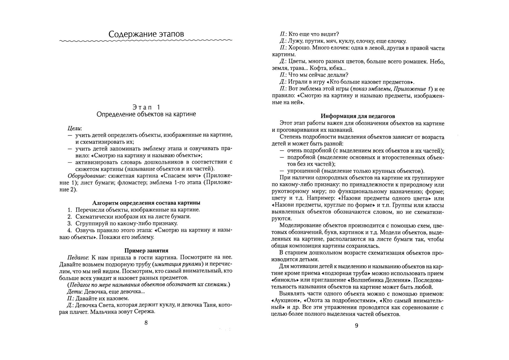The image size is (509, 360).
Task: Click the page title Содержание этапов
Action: point(146,34)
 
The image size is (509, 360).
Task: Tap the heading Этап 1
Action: point(146,107)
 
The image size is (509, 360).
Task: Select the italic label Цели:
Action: point(75,128)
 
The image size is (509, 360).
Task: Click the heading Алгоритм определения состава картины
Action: point(146,203)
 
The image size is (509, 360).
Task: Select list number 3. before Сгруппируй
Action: point(70,224)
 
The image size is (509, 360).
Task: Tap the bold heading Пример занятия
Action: point(146,251)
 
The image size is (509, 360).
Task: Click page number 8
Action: point(146,323)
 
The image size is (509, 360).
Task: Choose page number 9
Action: point(357,325)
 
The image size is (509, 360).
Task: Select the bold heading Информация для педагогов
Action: point(358,116)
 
